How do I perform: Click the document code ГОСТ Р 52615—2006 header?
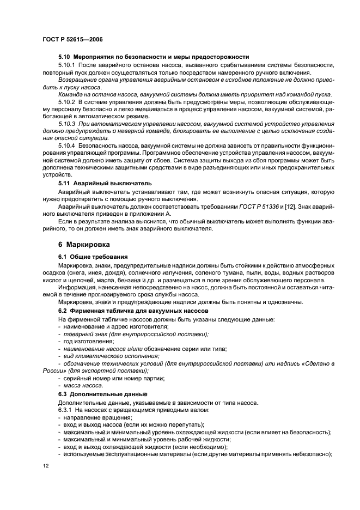coord(72,40)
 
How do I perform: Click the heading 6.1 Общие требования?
coord(93,256)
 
